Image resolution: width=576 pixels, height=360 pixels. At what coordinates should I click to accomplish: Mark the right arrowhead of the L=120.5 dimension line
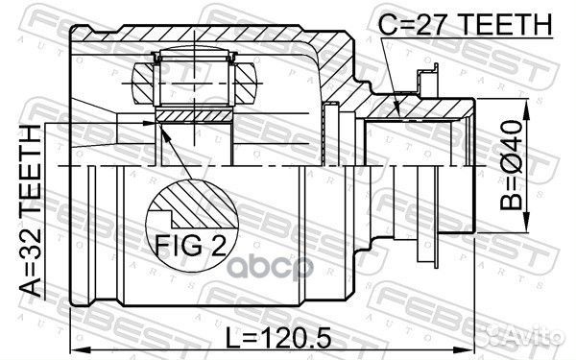(x=471, y=346)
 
